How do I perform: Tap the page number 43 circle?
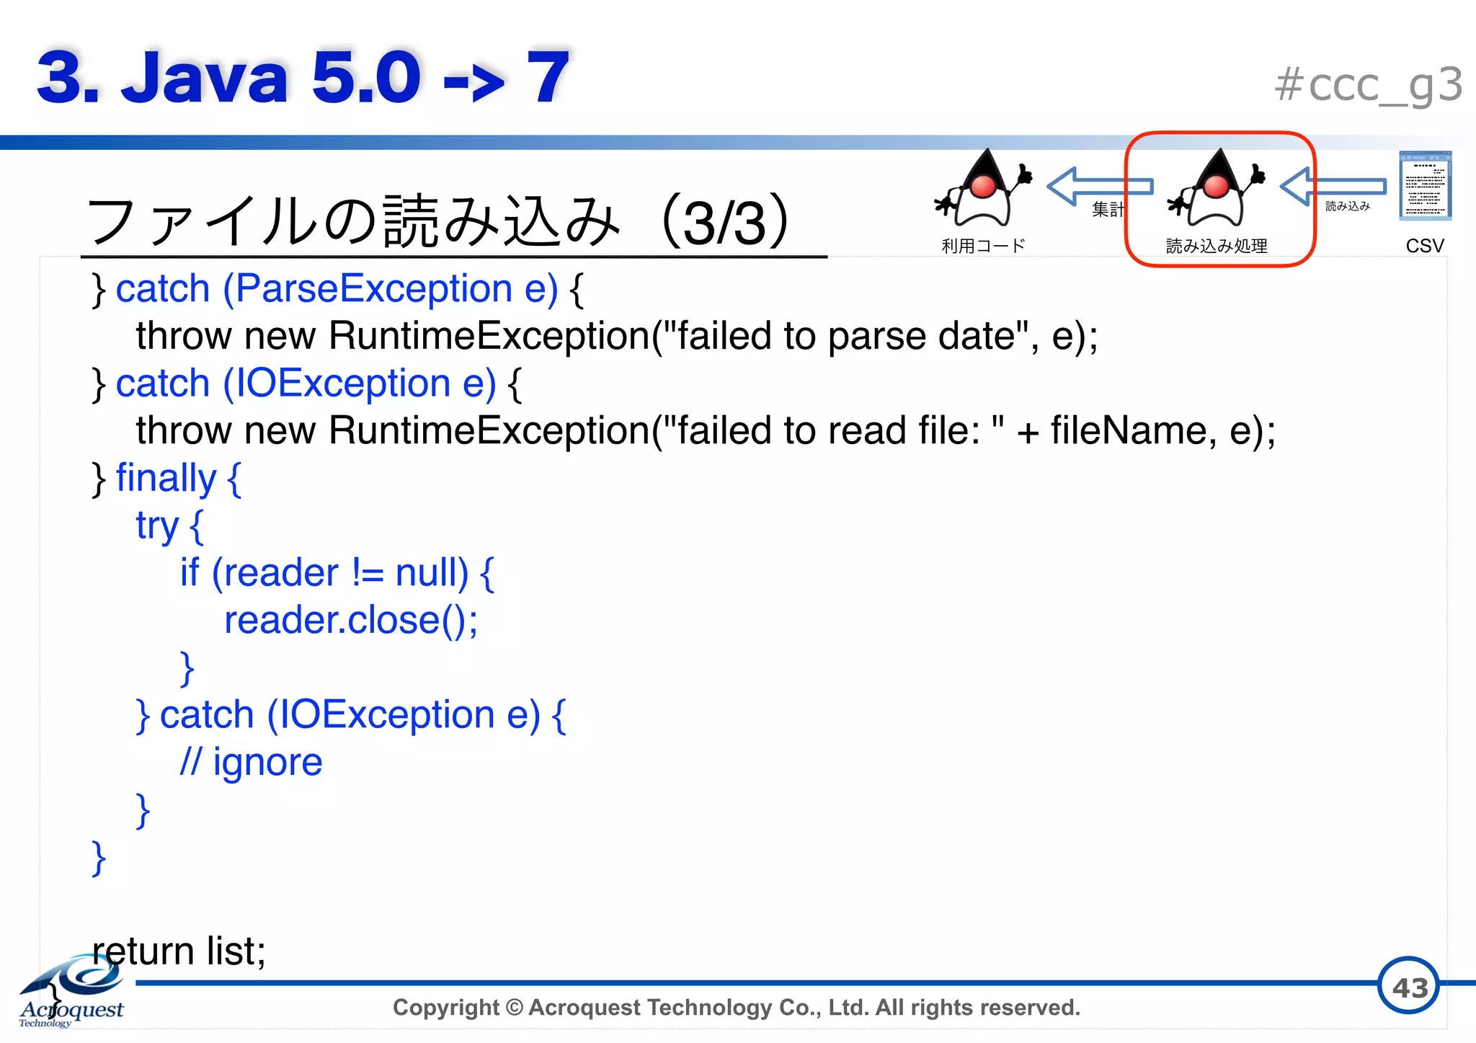(1408, 986)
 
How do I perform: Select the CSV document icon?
(1425, 185)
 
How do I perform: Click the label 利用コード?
(983, 246)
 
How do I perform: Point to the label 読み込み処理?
(1217, 246)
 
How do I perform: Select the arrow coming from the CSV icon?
(1333, 186)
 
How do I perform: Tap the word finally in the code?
(166, 479)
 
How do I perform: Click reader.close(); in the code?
(351, 621)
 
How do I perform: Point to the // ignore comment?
(251, 763)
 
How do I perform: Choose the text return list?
(179, 951)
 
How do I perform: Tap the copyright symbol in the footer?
(514, 1007)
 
